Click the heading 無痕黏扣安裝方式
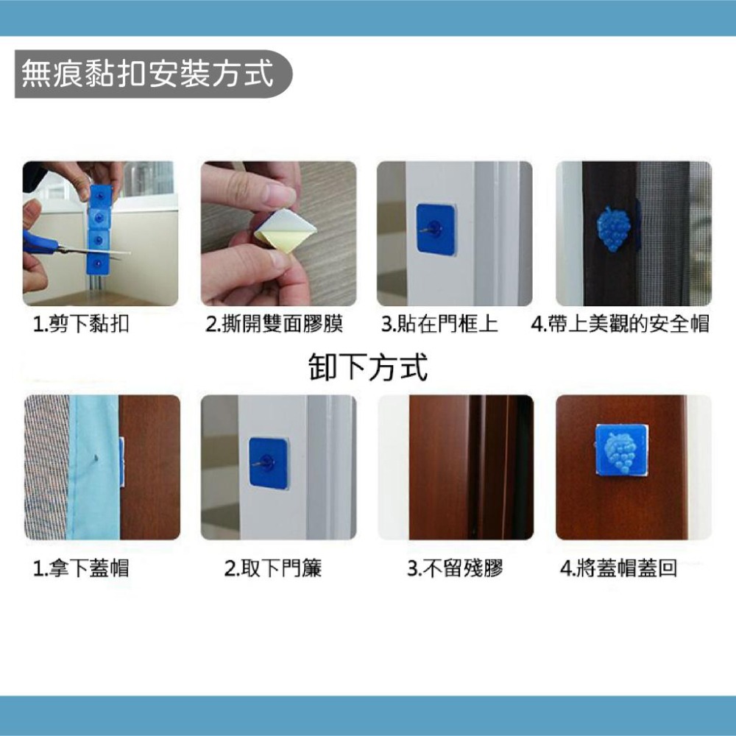point(147,74)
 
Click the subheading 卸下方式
point(367,366)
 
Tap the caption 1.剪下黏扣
point(82,324)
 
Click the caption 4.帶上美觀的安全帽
point(620,324)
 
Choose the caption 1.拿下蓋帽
point(82,567)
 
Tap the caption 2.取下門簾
point(273,567)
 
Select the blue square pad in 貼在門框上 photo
point(436,229)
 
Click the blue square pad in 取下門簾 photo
point(268,462)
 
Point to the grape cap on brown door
point(621,450)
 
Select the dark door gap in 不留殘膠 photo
point(475,467)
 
